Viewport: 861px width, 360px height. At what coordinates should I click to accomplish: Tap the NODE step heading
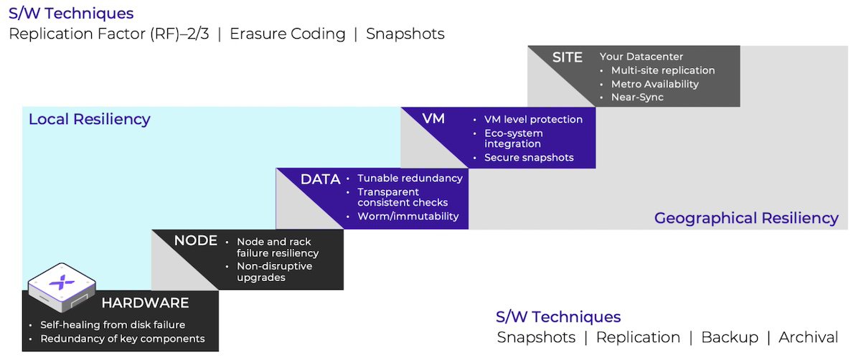click(x=196, y=241)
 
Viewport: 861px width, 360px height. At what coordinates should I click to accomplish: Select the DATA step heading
click(x=320, y=179)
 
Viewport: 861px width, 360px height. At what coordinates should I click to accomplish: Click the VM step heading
click(x=433, y=118)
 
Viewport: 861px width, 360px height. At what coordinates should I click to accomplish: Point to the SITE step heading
click(x=567, y=57)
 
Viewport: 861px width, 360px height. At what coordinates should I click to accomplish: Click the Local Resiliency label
click(x=89, y=119)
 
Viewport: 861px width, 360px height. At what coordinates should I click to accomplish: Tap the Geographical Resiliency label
click(x=746, y=218)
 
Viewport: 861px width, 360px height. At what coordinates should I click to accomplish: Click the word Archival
click(x=810, y=337)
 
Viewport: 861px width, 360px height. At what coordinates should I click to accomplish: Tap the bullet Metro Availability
click(x=654, y=84)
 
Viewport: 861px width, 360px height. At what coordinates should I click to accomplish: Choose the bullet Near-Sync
click(x=637, y=97)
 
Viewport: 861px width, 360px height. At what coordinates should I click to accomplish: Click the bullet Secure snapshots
click(x=529, y=158)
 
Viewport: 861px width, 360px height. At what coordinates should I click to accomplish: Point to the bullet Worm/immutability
click(x=408, y=217)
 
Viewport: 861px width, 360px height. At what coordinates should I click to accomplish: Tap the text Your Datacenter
click(x=641, y=57)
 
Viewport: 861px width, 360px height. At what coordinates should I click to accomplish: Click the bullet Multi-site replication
click(x=663, y=70)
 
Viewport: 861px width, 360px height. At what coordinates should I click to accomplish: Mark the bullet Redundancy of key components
click(x=122, y=338)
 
